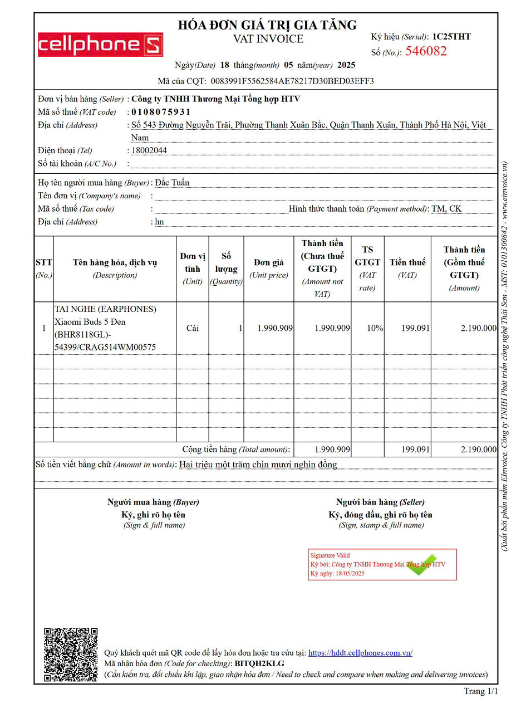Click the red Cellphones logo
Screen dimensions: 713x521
(100, 45)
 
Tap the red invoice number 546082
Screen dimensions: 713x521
(426, 51)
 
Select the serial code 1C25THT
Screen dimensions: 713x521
(451, 37)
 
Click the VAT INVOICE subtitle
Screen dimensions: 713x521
(268, 39)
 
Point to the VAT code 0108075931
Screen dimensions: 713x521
(161, 112)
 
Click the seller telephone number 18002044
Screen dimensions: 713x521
(149, 150)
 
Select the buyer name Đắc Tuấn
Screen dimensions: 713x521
(172, 183)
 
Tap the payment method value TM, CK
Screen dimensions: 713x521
(446, 209)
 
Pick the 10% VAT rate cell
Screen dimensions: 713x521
(375, 328)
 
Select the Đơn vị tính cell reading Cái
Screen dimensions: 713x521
(193, 328)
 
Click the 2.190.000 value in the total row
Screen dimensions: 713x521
(478, 450)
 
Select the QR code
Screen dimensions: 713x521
(71, 655)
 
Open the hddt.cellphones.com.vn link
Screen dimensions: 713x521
(360, 653)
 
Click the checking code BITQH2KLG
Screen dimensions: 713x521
(259, 663)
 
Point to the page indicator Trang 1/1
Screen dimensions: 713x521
(481, 691)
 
